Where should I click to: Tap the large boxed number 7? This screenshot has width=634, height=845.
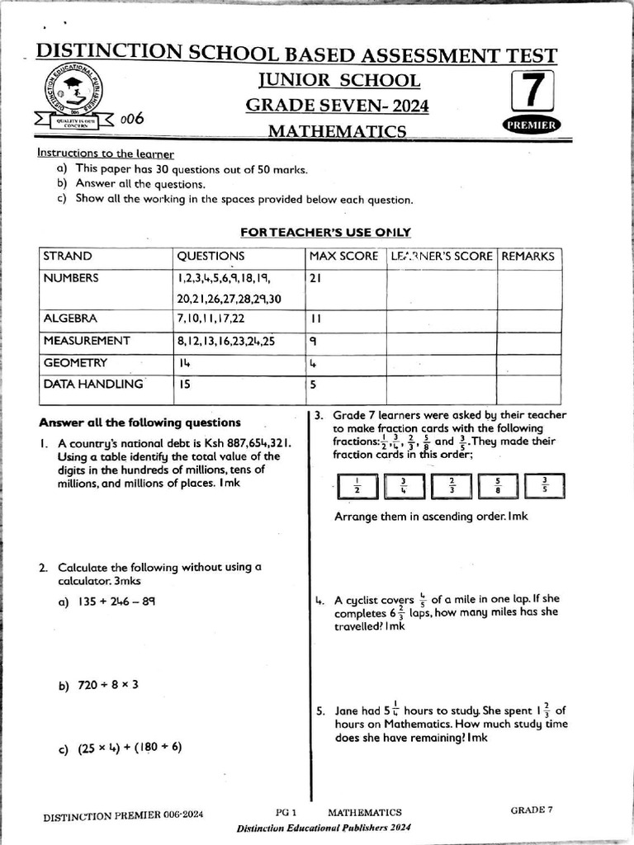click(532, 92)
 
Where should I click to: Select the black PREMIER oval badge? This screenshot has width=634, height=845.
click(531, 125)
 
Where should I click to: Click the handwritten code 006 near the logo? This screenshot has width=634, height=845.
click(132, 119)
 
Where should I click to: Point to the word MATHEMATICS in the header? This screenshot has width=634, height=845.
click(337, 131)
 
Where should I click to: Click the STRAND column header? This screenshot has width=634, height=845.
click(68, 257)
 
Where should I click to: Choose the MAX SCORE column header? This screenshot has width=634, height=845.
click(343, 257)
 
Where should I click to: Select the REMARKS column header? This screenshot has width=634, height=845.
click(528, 257)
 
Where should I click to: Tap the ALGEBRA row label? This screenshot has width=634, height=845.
click(70, 319)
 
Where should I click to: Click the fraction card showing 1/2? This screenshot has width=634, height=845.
click(356, 486)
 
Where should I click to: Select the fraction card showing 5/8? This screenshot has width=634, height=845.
click(498, 486)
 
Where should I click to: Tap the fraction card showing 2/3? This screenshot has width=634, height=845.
click(452, 486)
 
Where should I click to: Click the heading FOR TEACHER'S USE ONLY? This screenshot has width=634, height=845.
click(325, 233)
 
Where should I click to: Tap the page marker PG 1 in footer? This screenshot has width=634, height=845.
click(286, 812)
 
